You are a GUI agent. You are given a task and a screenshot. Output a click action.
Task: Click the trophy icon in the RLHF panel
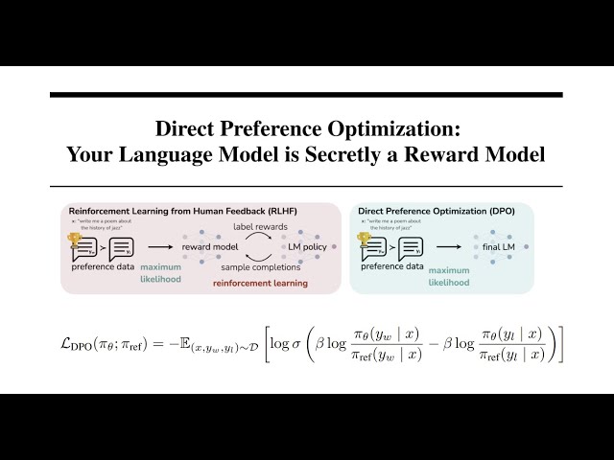[74, 240]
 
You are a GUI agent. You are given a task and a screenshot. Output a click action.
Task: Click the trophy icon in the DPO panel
[364, 240]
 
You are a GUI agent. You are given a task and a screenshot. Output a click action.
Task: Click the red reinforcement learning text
[260, 284]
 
